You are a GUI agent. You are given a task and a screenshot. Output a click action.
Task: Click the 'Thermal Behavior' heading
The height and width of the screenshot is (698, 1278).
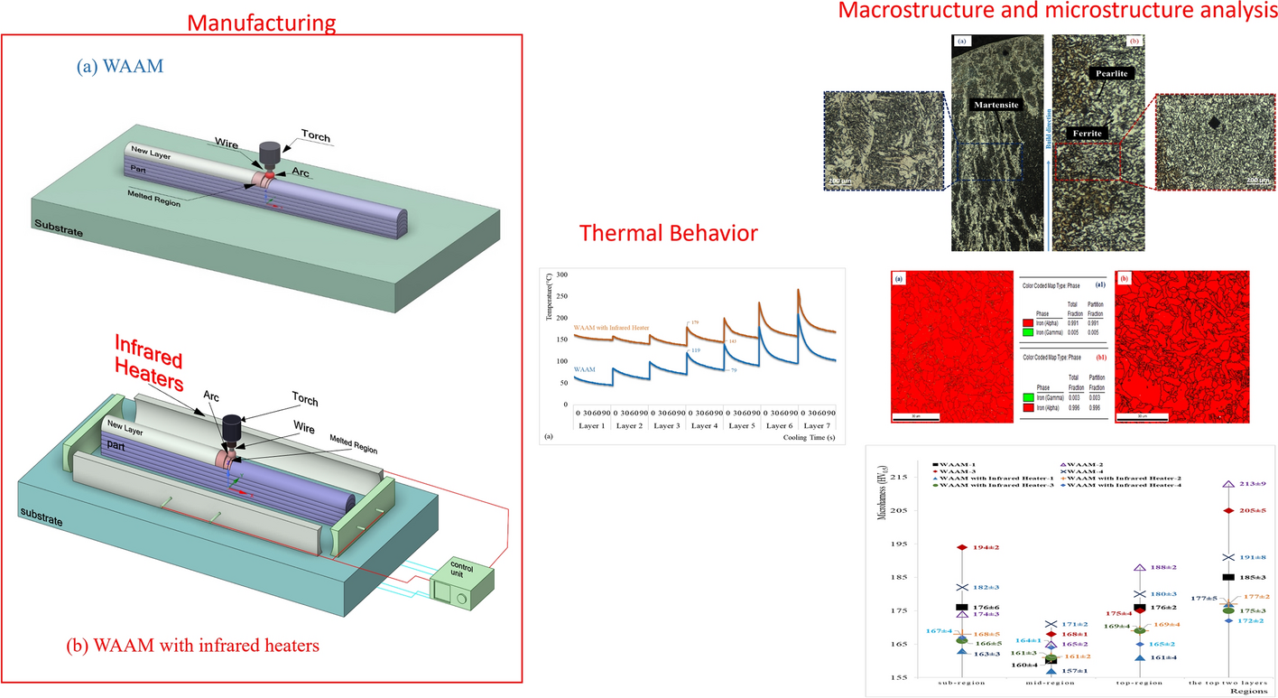click(x=668, y=234)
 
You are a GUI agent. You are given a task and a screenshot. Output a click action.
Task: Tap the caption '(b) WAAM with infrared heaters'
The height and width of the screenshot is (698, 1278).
click(x=193, y=647)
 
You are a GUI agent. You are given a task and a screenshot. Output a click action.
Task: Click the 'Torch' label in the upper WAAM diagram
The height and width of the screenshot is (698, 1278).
click(x=313, y=132)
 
